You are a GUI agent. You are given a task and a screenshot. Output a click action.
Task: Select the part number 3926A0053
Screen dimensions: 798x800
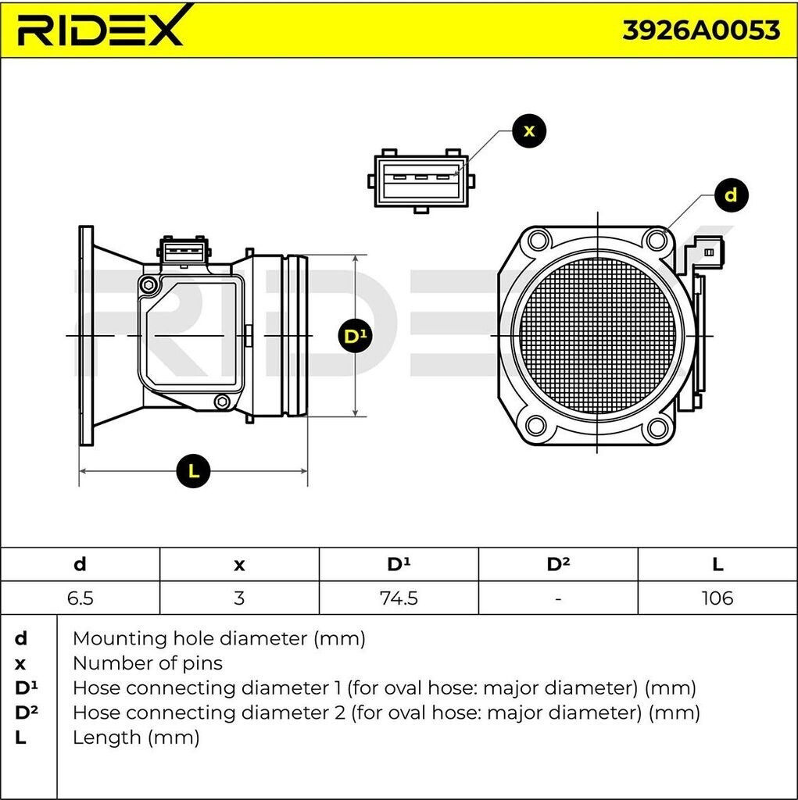click(x=701, y=30)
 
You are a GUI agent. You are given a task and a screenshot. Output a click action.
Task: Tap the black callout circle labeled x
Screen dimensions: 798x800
click(x=529, y=130)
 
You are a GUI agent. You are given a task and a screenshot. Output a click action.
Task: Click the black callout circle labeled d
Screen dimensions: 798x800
click(x=731, y=195)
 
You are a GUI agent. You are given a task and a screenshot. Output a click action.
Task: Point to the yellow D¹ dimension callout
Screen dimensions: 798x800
click(x=355, y=337)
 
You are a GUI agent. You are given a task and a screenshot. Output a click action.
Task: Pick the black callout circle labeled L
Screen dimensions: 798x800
click(x=194, y=471)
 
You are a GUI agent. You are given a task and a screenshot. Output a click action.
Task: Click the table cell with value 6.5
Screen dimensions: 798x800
click(x=80, y=598)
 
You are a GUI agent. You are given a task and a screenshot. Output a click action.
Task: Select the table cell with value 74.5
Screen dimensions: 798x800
click(x=398, y=598)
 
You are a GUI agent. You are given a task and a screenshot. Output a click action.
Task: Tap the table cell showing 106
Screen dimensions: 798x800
click(x=717, y=598)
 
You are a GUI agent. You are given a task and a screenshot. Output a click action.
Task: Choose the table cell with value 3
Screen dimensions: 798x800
click(x=239, y=598)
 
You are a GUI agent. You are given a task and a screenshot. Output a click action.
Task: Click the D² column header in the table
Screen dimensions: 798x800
click(x=557, y=564)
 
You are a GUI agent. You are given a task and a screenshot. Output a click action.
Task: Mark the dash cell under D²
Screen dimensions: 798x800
click(x=557, y=598)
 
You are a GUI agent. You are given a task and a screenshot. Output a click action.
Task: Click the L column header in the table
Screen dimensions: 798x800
click(x=717, y=564)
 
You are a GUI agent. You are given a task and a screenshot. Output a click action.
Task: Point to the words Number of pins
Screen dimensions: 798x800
click(x=147, y=663)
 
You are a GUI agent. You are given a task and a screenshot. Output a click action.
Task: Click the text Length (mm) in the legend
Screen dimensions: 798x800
click(x=135, y=737)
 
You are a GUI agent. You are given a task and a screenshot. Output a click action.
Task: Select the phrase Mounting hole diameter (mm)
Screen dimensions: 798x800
click(x=218, y=638)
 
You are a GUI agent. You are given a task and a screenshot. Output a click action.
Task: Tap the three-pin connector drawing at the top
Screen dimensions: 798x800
click(x=420, y=179)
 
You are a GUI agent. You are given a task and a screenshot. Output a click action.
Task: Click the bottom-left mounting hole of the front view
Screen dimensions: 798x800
click(x=536, y=426)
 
